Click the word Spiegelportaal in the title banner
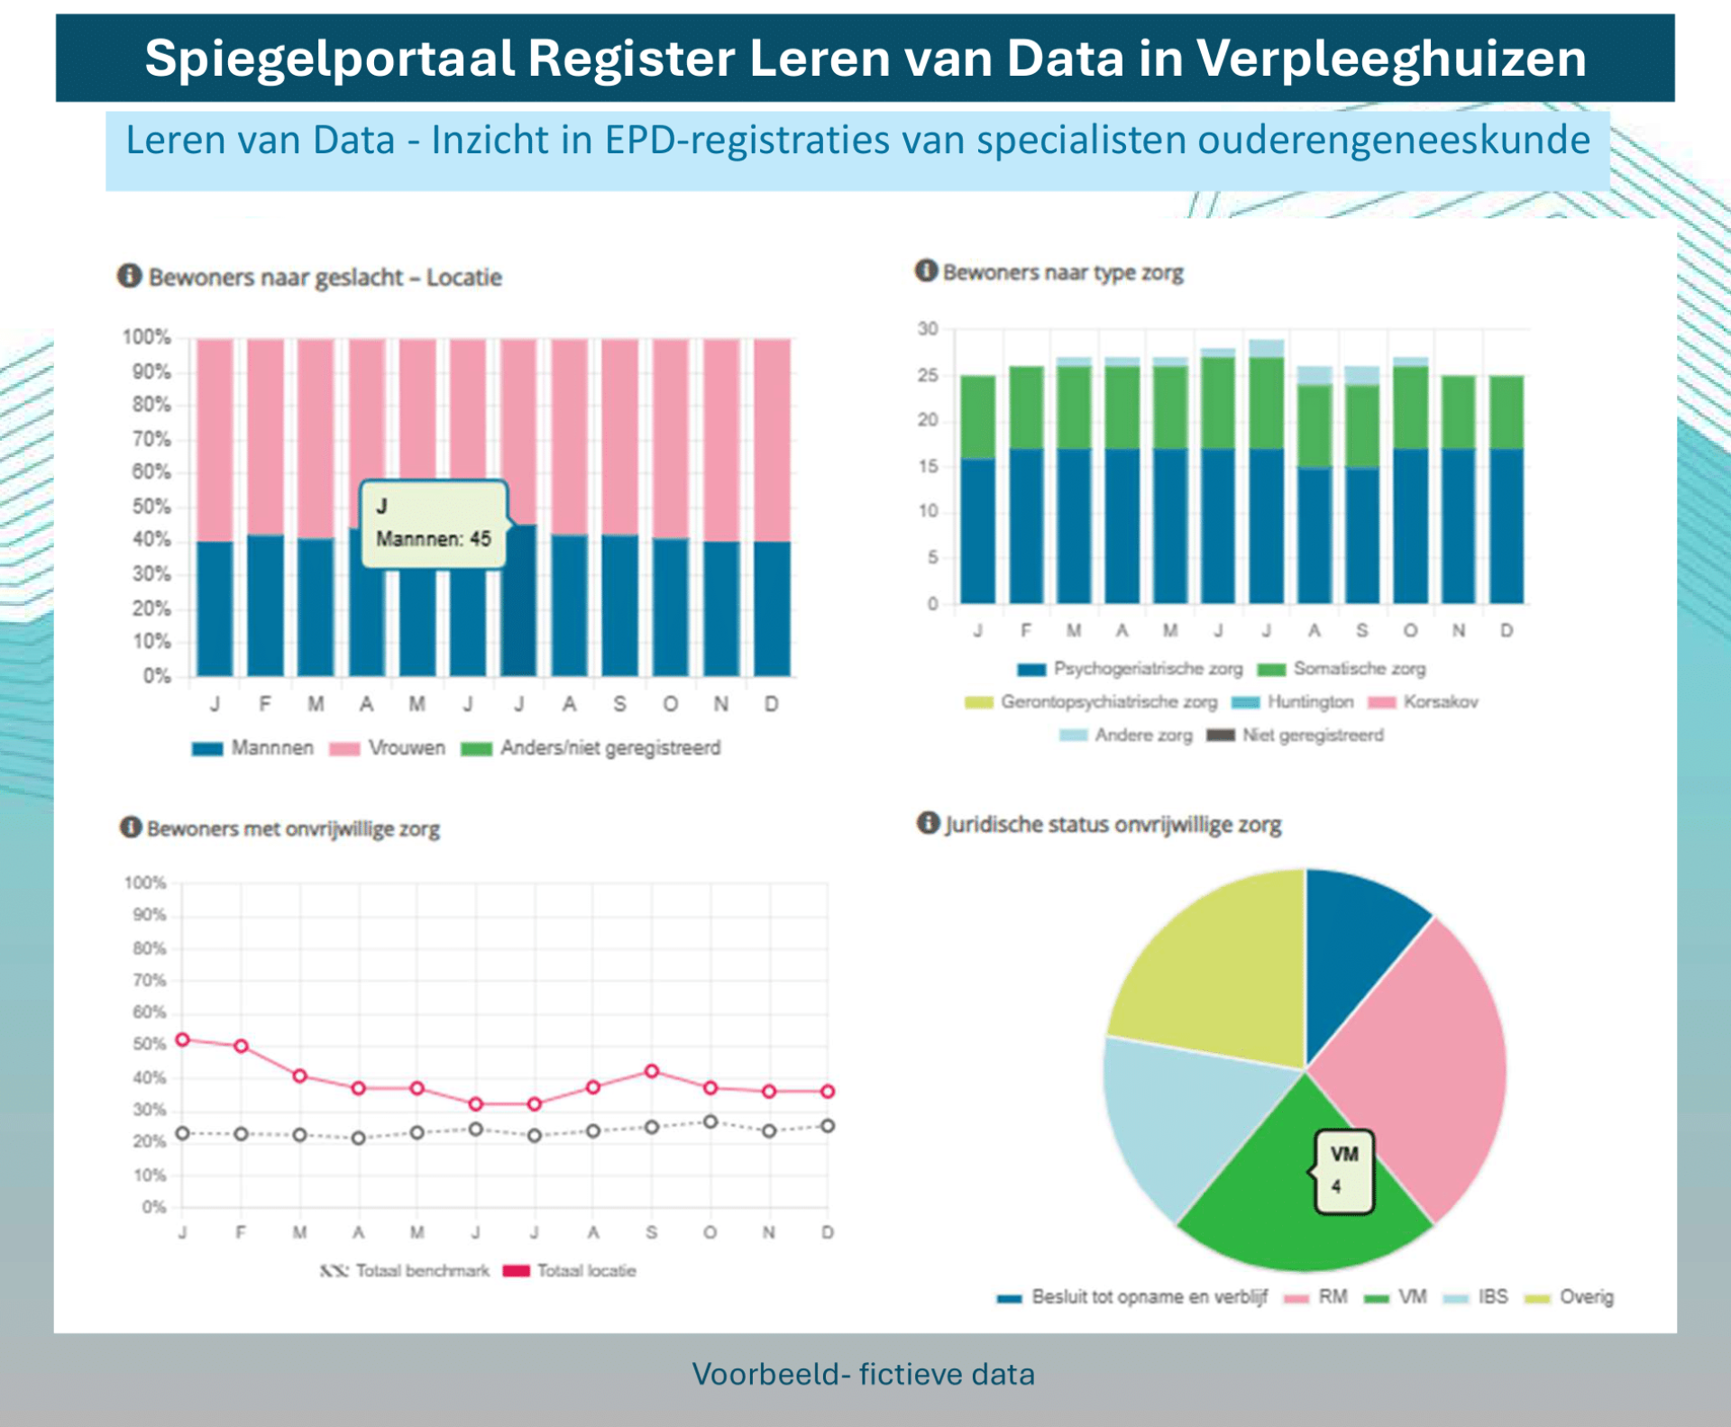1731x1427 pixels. (x=330, y=59)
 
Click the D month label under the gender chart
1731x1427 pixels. (x=772, y=704)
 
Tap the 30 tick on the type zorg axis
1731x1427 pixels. (x=928, y=329)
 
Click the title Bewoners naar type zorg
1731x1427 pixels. (x=1062, y=272)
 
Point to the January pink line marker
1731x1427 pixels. (x=183, y=1039)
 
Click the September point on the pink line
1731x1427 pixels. (x=652, y=1071)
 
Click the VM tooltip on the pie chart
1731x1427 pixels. (x=1343, y=1170)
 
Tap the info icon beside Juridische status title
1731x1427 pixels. (x=928, y=823)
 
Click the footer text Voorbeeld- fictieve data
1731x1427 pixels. (x=863, y=1375)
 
